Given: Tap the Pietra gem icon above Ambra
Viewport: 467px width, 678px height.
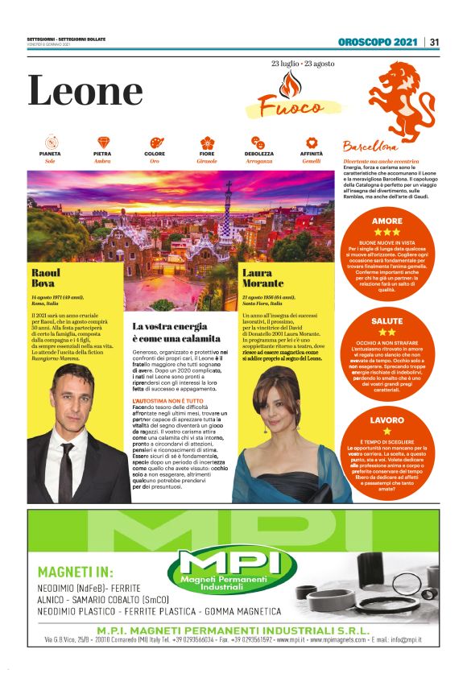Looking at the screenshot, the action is (102, 143).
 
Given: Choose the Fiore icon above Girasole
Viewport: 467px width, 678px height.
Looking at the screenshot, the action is (207, 143).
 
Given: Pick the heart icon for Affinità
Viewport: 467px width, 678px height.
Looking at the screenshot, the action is (312, 143).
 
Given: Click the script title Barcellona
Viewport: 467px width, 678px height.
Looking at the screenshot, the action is (370, 148).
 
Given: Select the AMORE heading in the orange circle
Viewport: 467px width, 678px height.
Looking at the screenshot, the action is (386, 221).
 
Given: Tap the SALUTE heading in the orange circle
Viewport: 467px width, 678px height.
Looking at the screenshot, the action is (386, 320).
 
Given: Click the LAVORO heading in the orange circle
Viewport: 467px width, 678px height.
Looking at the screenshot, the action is (386, 420).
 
